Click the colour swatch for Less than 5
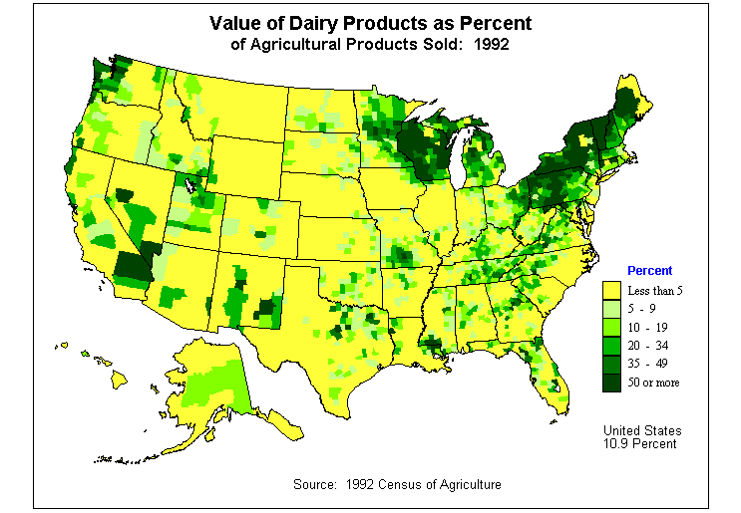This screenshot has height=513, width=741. [x=611, y=290]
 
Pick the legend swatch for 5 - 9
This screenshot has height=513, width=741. [x=611, y=309]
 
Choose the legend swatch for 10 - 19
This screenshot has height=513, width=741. [x=611, y=327]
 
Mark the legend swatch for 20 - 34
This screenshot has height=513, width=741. [x=611, y=345]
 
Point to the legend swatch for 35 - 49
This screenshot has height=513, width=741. [x=611, y=364]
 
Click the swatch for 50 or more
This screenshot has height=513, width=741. [x=611, y=382]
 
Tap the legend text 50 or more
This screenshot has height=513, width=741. [x=653, y=383]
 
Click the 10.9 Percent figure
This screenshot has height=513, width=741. [x=640, y=443]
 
